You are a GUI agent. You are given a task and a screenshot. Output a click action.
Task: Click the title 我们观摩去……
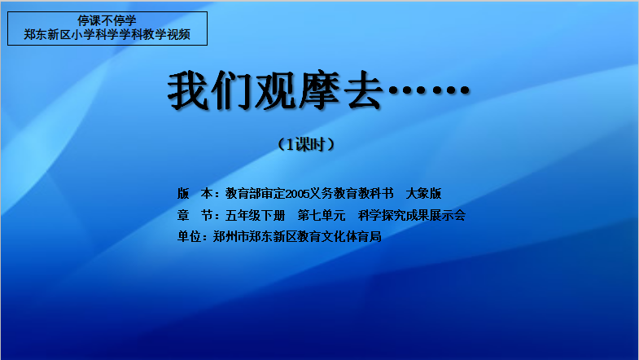[318, 90]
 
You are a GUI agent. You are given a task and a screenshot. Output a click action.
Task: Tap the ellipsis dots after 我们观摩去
[429, 90]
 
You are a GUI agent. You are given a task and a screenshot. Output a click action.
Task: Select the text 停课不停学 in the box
[107, 20]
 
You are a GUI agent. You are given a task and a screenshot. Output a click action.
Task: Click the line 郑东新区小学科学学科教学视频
[107, 35]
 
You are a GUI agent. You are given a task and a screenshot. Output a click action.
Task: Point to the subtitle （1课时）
[306, 144]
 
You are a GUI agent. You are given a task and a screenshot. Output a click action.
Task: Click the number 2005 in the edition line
[297, 194]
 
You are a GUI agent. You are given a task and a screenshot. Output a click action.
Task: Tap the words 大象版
[423, 193]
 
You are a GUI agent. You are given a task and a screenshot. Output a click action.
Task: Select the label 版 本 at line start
[195, 193]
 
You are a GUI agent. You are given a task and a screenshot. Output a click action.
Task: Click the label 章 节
[195, 215]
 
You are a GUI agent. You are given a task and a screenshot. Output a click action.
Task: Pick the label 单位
[189, 236]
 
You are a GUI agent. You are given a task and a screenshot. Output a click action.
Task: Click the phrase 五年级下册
[255, 215]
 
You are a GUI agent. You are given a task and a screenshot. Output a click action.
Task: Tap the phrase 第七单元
[322, 215]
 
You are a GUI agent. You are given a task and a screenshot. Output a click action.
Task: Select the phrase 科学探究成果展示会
[412, 215]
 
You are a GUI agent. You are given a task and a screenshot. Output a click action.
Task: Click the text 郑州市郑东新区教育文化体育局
[297, 236]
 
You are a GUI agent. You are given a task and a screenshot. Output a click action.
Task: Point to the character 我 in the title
[188, 90]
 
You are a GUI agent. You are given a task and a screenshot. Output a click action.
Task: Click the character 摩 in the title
[319, 90]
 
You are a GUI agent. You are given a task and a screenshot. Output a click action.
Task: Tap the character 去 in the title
[363, 90]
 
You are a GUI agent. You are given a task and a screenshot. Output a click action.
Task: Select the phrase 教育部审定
[255, 193]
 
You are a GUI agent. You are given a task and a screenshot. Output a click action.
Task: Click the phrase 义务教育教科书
[352, 193]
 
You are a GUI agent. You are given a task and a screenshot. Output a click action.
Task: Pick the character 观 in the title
[275, 90]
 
